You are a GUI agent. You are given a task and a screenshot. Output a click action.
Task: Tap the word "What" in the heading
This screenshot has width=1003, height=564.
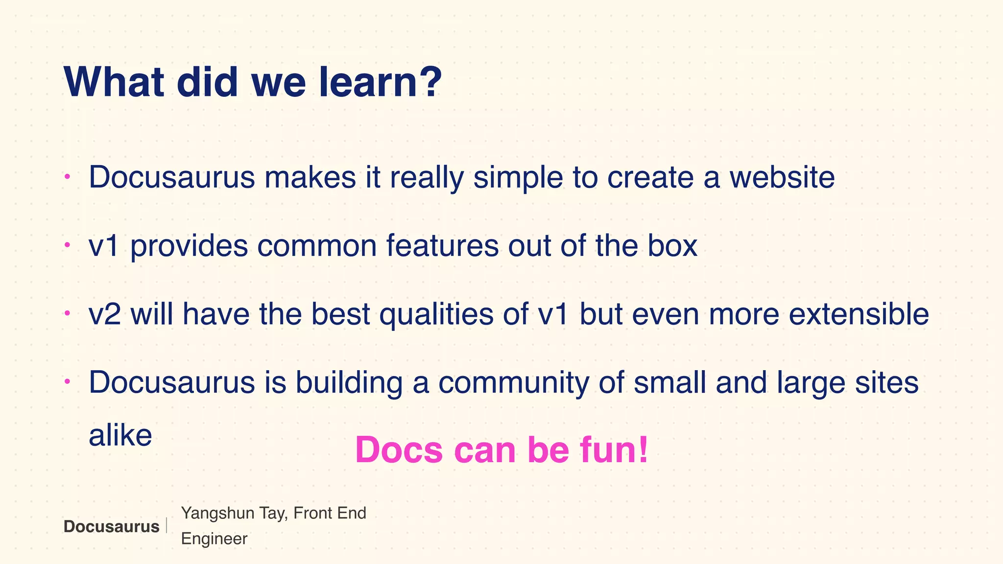point(114,82)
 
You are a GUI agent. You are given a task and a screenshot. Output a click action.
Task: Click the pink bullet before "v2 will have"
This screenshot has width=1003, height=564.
point(68,313)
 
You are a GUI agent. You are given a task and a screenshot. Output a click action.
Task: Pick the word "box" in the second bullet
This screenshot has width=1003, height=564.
point(672,246)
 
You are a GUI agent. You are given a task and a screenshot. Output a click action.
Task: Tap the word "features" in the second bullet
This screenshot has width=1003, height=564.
point(442,246)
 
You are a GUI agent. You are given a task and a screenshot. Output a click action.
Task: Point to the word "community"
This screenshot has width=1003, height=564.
point(514,383)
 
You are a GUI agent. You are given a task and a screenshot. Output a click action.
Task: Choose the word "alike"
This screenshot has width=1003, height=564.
point(120,435)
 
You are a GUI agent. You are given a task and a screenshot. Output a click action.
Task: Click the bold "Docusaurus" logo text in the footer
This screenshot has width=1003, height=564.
point(111,527)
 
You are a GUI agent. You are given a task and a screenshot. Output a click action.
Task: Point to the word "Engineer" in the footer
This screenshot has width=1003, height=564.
point(214,539)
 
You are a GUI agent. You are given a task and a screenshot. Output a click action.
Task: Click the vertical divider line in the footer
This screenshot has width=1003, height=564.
point(167,526)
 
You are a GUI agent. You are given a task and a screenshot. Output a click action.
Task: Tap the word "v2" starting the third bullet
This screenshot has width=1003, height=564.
point(104,314)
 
